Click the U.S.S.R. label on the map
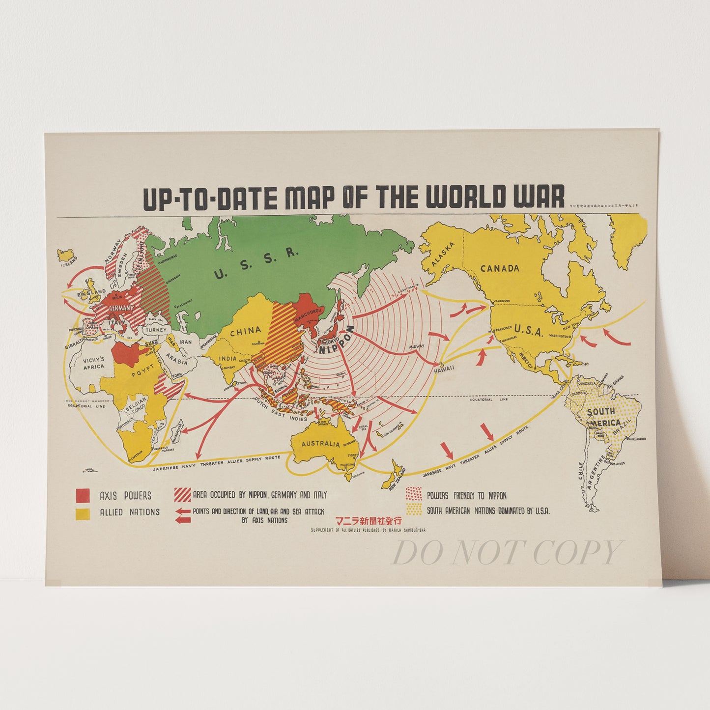click(x=256, y=263)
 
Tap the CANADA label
click(x=500, y=268)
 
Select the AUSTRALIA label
click(x=320, y=444)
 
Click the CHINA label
click(x=245, y=331)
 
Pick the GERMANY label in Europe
click(x=120, y=308)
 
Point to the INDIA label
click(x=227, y=359)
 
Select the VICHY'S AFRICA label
click(x=93, y=363)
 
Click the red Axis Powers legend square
click(x=83, y=495)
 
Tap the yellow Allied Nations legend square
click(x=83, y=512)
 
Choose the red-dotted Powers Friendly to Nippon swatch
click(x=414, y=494)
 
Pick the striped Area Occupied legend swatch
click(x=183, y=494)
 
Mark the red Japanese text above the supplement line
click(x=368, y=521)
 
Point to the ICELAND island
click(x=66, y=255)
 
